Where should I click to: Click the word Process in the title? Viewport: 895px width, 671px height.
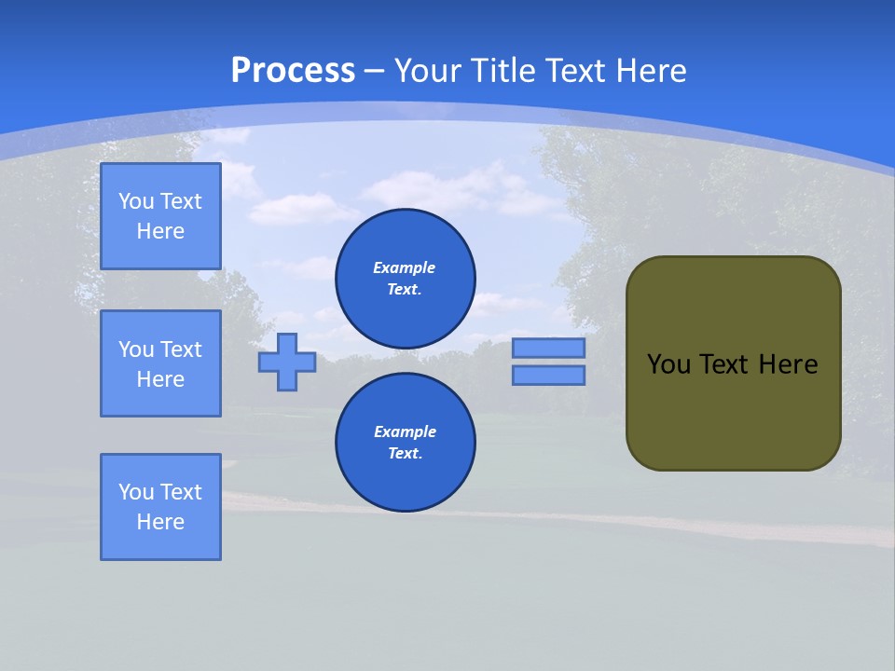pyautogui.click(x=293, y=71)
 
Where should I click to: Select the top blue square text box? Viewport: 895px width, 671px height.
pyautogui.click(x=160, y=216)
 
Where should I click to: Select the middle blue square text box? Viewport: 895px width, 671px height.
pyautogui.click(x=160, y=363)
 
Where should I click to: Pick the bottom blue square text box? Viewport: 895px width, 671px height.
pyautogui.click(x=160, y=507)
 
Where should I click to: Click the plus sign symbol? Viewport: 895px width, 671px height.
pyautogui.click(x=287, y=362)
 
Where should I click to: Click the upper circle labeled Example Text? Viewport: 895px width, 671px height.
pyautogui.click(x=406, y=278)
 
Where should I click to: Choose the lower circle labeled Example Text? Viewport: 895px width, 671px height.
pyautogui.click(x=406, y=442)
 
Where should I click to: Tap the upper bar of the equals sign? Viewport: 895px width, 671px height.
pyautogui.click(x=548, y=348)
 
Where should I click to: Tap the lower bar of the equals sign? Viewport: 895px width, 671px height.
pyautogui.click(x=548, y=375)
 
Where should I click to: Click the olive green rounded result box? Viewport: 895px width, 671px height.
pyautogui.click(x=733, y=410)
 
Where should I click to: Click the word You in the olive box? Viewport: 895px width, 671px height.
pyautogui.click(x=669, y=364)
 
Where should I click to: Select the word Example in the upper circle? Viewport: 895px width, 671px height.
pyautogui.click(x=405, y=267)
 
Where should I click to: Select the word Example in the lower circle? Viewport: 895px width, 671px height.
pyautogui.click(x=405, y=431)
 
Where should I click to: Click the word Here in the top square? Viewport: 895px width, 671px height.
pyautogui.click(x=160, y=231)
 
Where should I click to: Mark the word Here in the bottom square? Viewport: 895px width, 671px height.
pyautogui.click(x=160, y=522)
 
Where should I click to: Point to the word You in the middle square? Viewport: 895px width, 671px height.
pyautogui.click(x=136, y=349)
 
